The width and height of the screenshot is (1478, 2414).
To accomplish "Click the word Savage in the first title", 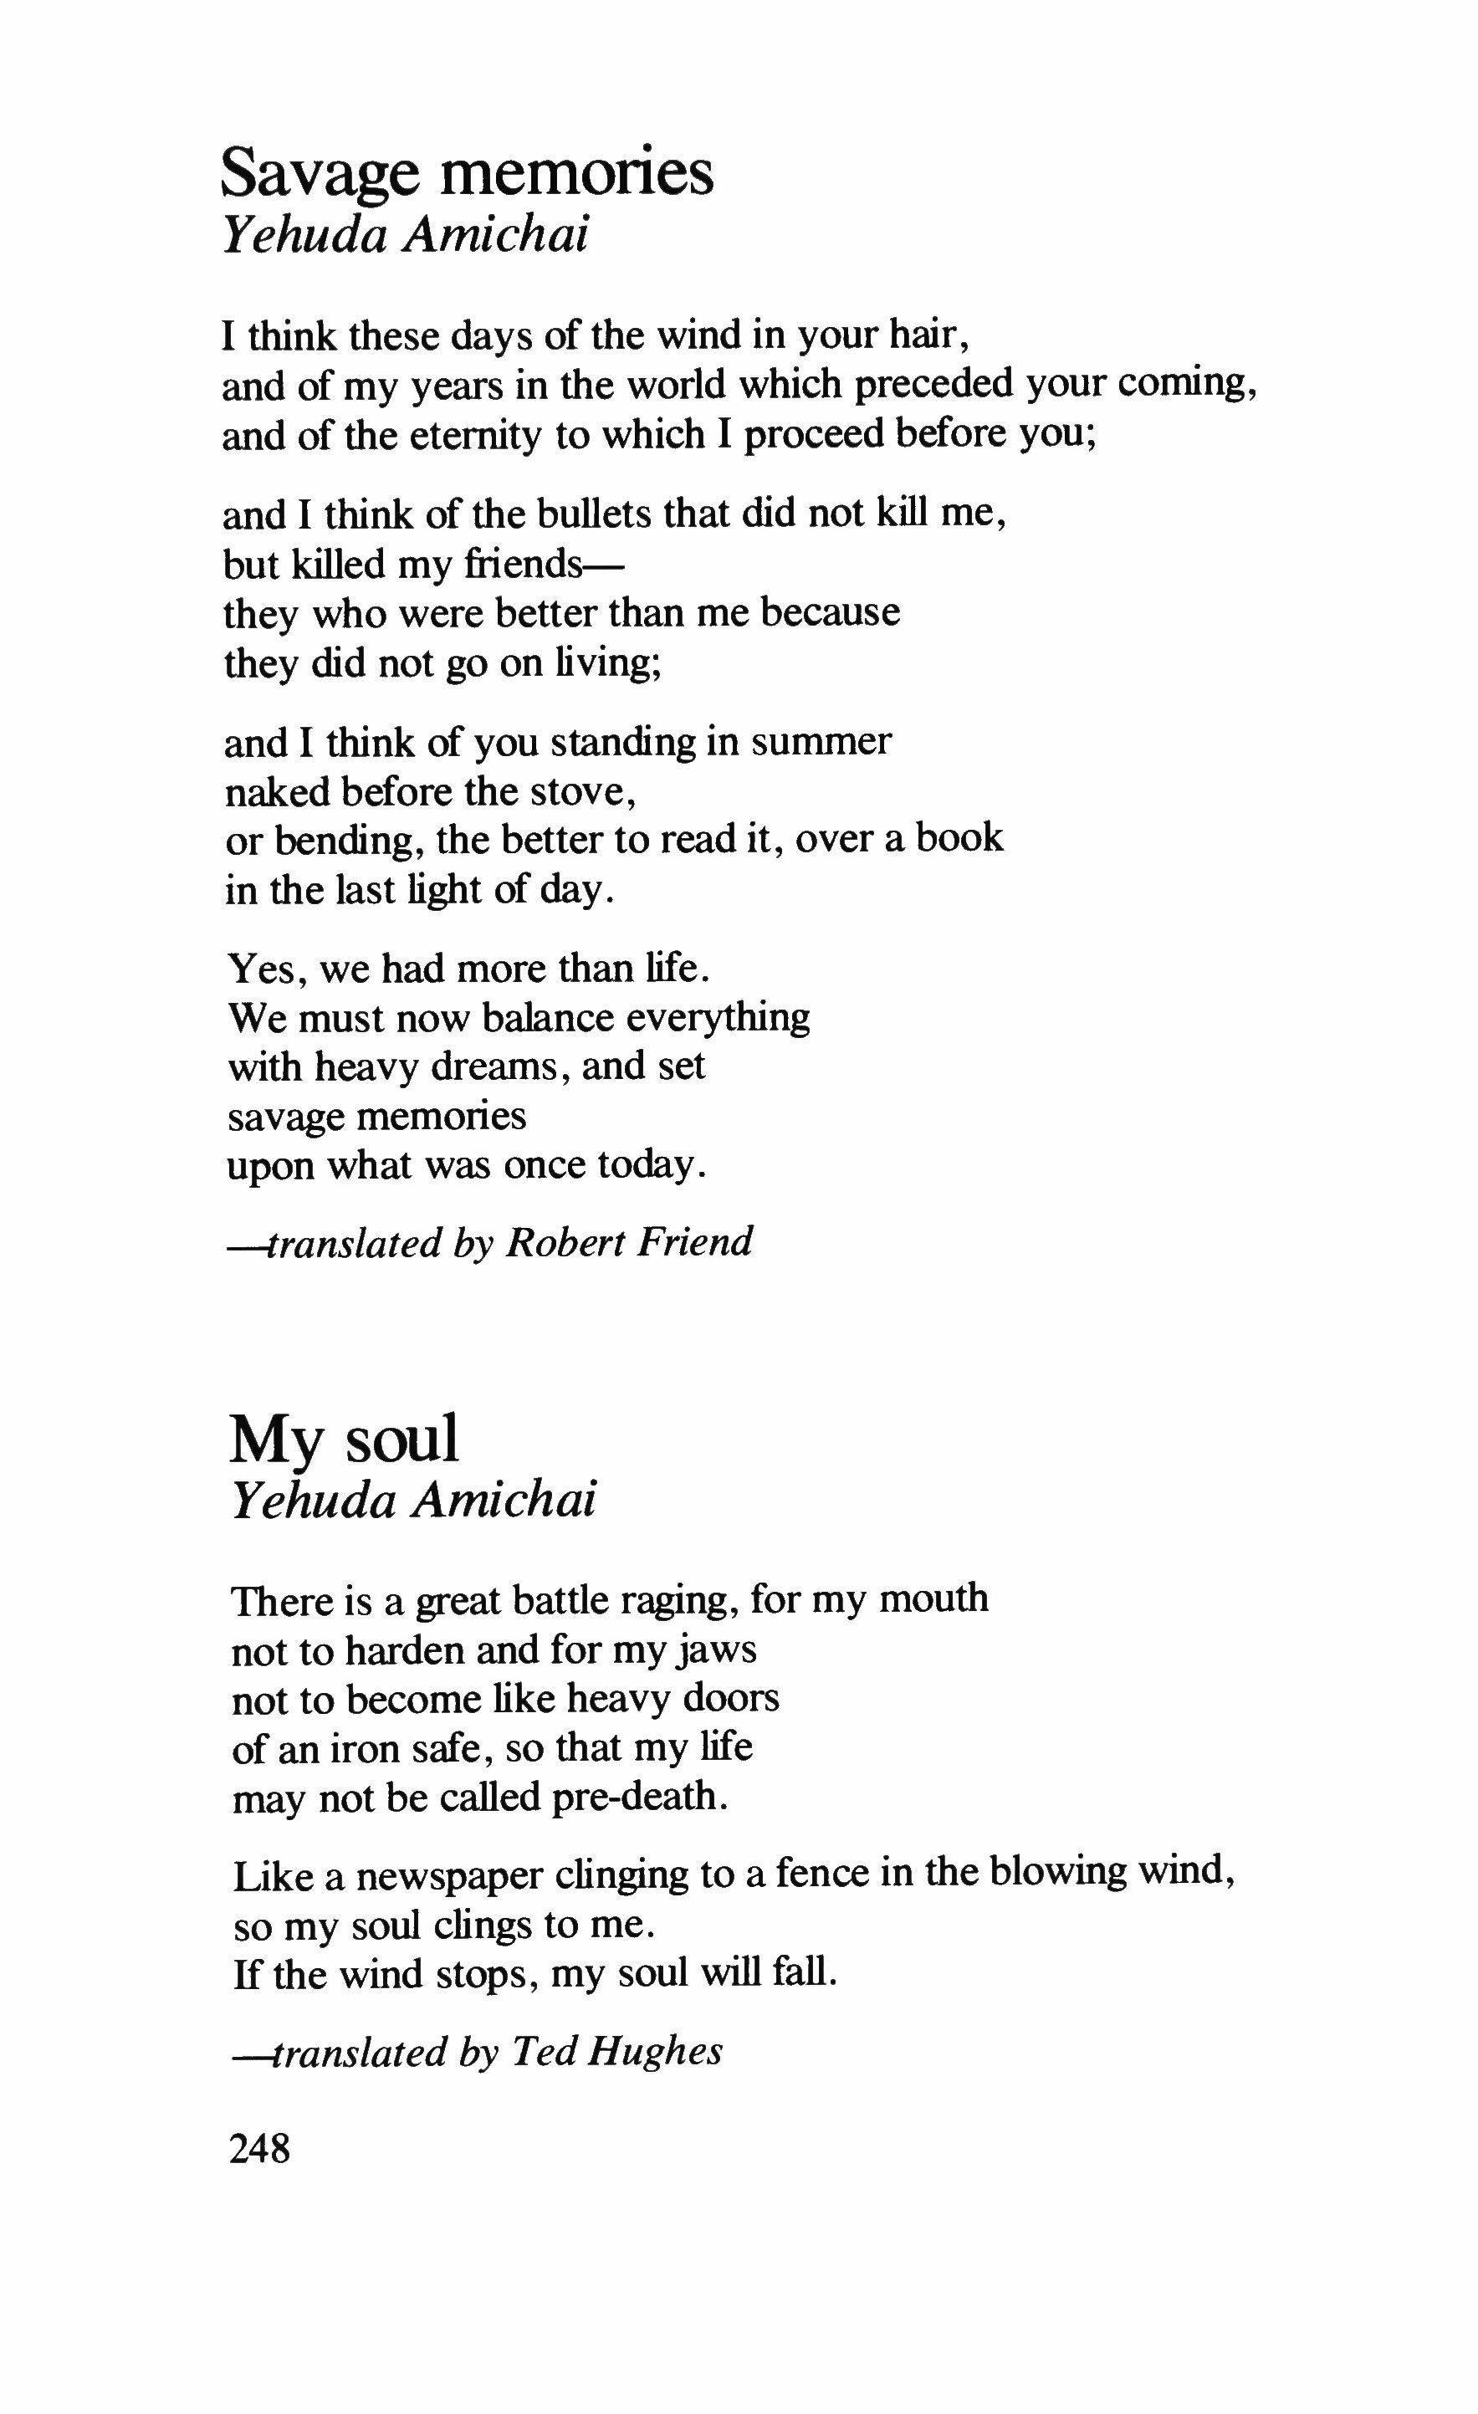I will pyautogui.click(x=322, y=173).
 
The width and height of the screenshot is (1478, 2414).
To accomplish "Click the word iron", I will pyautogui.click(x=329, y=1749).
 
